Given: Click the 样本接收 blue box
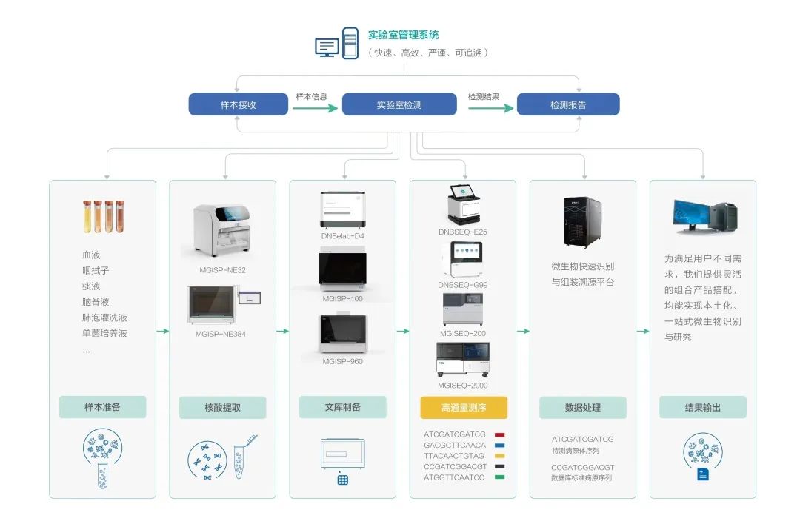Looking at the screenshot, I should click(238, 104).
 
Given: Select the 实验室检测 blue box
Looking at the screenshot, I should click(399, 104).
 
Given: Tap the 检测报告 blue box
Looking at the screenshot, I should click(567, 104).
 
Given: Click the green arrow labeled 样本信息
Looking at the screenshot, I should click(310, 108).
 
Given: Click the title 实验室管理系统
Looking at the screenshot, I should click(403, 35).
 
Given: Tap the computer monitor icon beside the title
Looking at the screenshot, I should click(327, 46).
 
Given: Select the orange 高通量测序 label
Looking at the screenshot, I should click(464, 407).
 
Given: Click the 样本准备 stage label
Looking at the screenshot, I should click(102, 407).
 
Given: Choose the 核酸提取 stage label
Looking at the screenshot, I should click(222, 407).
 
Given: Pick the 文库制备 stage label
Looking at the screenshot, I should click(342, 407).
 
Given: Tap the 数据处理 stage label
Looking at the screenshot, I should click(582, 407).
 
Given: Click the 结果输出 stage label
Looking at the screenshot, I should click(702, 407).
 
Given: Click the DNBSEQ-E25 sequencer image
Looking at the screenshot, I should click(463, 204).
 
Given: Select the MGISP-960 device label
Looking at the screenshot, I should click(342, 361).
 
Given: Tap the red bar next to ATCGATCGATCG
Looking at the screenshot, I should click(500, 434).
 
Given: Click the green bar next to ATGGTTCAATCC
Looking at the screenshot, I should click(500, 477).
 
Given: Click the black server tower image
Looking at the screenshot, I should click(583, 221).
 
